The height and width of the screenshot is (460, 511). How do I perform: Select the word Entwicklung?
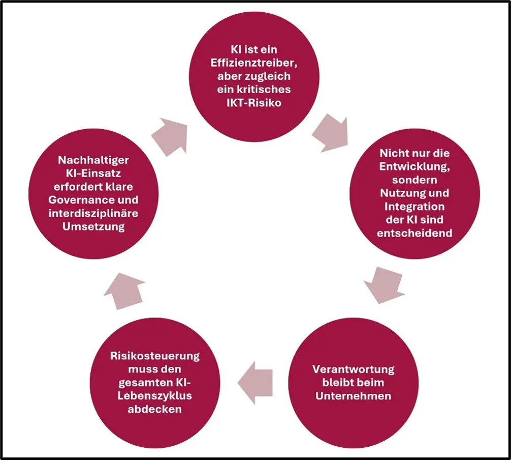pyautogui.click(x=414, y=166)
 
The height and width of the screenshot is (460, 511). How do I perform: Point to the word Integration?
pyautogui.click(x=414, y=206)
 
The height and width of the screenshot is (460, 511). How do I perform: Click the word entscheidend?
pyautogui.click(x=414, y=233)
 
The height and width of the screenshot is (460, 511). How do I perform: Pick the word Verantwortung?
pyautogui.click(x=353, y=369)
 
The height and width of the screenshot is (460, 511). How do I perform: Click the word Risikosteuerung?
pyautogui.click(x=155, y=356)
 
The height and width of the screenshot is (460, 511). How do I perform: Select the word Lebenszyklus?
pyautogui.click(x=155, y=395)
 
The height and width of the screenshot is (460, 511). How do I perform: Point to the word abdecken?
pyautogui.click(x=155, y=409)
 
